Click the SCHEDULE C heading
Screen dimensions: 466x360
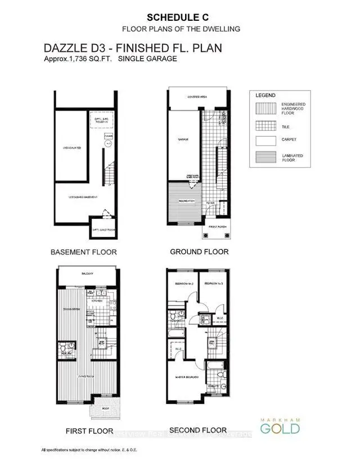click(180, 16)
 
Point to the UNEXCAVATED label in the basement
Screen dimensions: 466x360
click(71, 148)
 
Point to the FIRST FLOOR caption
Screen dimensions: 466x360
click(84, 431)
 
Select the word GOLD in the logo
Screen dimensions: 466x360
click(280, 429)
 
